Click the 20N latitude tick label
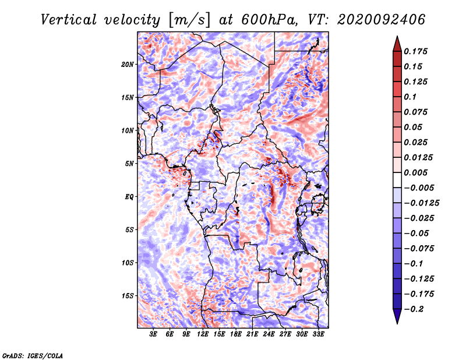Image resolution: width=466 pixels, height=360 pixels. point(128,64)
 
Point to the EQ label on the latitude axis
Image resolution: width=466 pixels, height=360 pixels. point(129,196)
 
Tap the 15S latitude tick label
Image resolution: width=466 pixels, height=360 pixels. point(128,295)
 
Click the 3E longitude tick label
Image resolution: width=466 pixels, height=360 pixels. point(154,334)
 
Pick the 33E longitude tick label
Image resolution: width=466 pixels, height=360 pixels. point(318,334)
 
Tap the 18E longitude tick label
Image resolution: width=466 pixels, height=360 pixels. point(236,334)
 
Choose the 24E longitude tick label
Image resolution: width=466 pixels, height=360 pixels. point(269,334)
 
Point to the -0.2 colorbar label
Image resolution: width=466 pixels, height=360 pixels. point(416,309)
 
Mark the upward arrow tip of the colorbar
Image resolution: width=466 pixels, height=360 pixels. point(396,37)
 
